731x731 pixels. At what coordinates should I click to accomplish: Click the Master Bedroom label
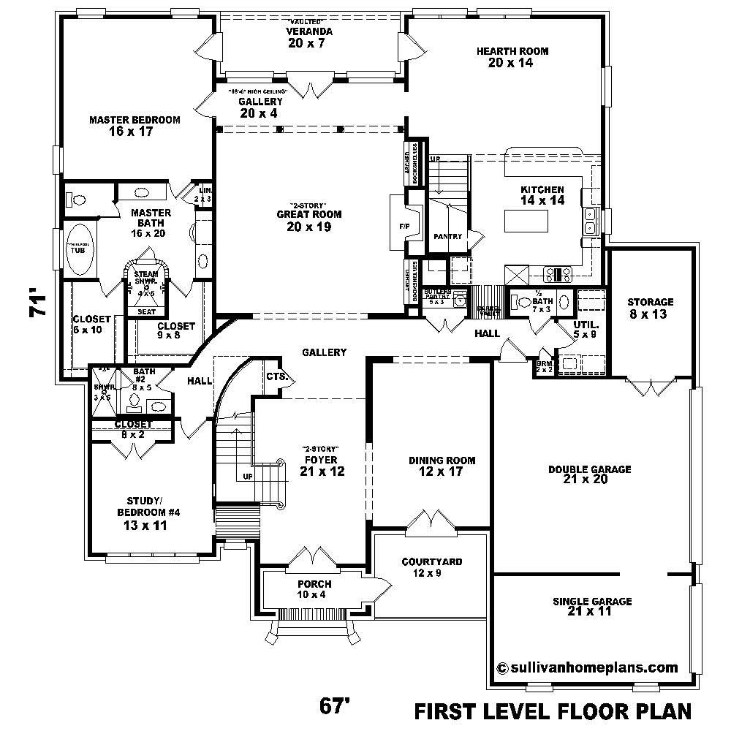135,126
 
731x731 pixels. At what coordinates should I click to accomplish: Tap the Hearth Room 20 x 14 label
512,57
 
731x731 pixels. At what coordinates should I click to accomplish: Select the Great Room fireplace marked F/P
404,227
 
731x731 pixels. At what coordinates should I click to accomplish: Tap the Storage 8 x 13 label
650,308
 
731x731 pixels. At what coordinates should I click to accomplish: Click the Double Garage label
589,474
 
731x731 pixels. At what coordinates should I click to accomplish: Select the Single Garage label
592,606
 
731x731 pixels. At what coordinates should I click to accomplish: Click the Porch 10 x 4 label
314,589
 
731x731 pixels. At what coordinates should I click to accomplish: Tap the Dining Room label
442,466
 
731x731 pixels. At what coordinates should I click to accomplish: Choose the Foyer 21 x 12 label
321,465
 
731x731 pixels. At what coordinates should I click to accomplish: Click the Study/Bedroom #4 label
143,512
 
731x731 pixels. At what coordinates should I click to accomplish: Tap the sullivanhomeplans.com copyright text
586,667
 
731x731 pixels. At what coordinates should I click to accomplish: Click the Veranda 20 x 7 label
310,37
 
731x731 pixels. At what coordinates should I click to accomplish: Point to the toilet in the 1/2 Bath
523,300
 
